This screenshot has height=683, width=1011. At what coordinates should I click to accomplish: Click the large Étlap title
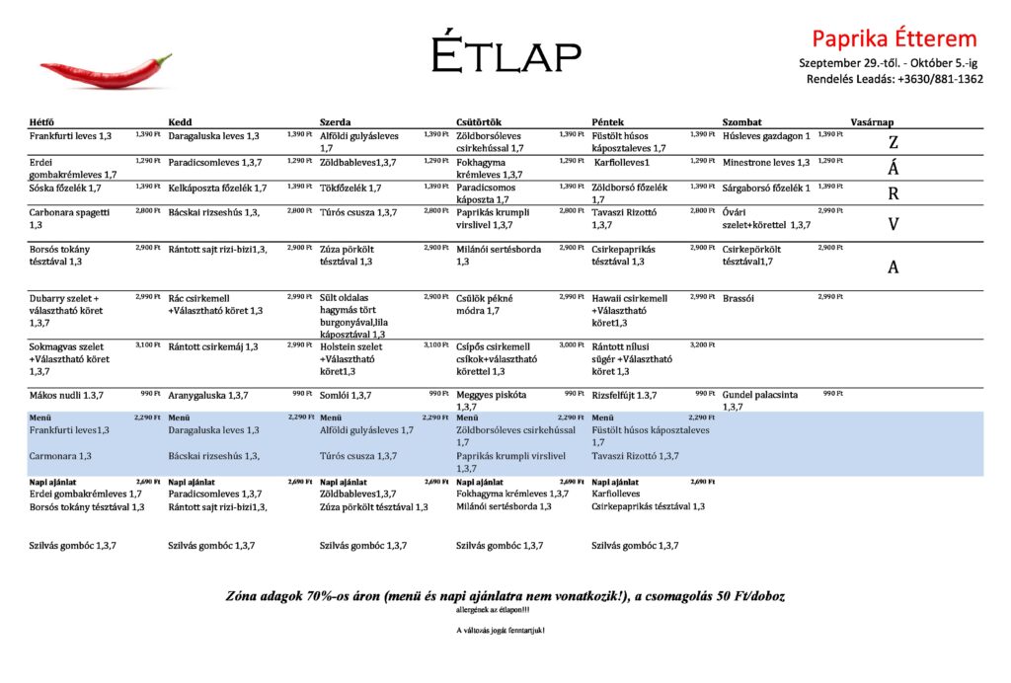pyautogui.click(x=505, y=55)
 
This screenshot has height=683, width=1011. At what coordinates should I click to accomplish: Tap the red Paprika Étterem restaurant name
pyautogui.click(x=894, y=38)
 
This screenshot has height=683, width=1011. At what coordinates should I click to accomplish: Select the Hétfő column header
pyautogui.click(x=42, y=122)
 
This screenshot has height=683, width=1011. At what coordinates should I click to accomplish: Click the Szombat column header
pyautogui.click(x=742, y=122)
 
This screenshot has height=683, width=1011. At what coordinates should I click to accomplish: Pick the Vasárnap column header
pyautogui.click(x=874, y=122)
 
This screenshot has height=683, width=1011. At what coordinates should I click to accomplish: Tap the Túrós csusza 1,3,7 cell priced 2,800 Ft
pyautogui.click(x=358, y=212)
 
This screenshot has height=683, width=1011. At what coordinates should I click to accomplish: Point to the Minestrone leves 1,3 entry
pyautogui.click(x=766, y=162)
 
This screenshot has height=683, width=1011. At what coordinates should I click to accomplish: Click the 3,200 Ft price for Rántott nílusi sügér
pyautogui.click(x=701, y=344)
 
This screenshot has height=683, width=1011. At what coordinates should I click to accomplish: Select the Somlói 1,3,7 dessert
pyautogui.click(x=346, y=395)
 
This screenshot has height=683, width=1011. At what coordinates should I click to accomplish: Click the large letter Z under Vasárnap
pyautogui.click(x=894, y=141)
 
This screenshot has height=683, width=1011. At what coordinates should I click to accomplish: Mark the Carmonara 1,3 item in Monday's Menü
pyautogui.click(x=60, y=456)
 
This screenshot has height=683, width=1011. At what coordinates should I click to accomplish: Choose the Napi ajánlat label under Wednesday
pyautogui.click(x=343, y=482)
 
